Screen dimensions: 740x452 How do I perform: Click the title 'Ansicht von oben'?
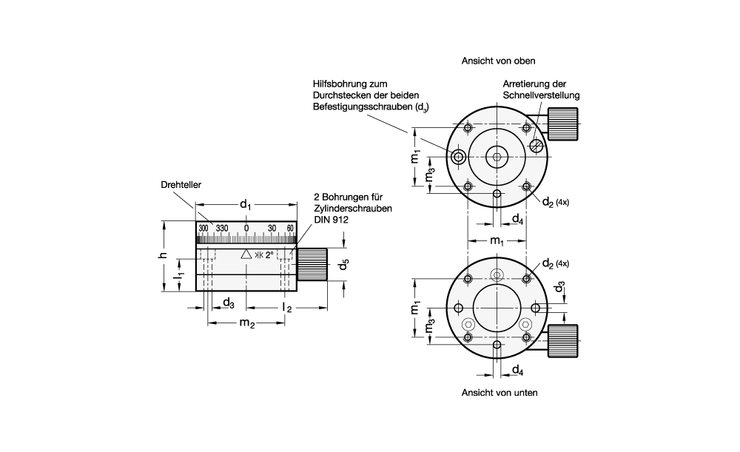(498, 61)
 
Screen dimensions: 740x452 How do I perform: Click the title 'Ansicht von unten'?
(499, 393)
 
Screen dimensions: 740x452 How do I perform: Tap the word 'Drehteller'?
(181, 185)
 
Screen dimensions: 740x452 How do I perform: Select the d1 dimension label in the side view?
(246, 204)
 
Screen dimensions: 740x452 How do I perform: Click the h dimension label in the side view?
(163, 255)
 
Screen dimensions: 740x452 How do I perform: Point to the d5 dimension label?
(344, 265)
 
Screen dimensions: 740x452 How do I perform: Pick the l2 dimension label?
(287, 308)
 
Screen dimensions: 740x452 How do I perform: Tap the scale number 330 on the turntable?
(222, 229)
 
